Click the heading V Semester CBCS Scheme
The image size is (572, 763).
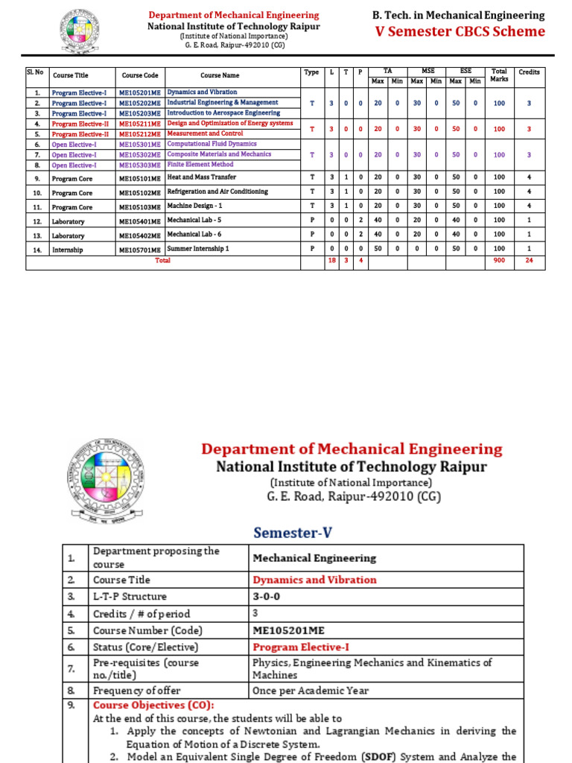460,31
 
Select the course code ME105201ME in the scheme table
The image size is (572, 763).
140,92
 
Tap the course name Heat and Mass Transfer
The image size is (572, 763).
202,177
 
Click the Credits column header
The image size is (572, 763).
529,72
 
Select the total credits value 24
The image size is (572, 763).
529,261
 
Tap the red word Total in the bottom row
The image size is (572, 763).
162,261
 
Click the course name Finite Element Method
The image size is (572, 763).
200,165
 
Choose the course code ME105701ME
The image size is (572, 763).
140,250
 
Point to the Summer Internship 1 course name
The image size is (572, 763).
198,248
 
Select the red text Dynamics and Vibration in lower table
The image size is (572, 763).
314,580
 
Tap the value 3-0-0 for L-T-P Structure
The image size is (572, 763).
267,596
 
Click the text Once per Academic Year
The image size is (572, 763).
311,691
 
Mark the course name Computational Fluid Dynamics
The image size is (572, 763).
212,144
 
